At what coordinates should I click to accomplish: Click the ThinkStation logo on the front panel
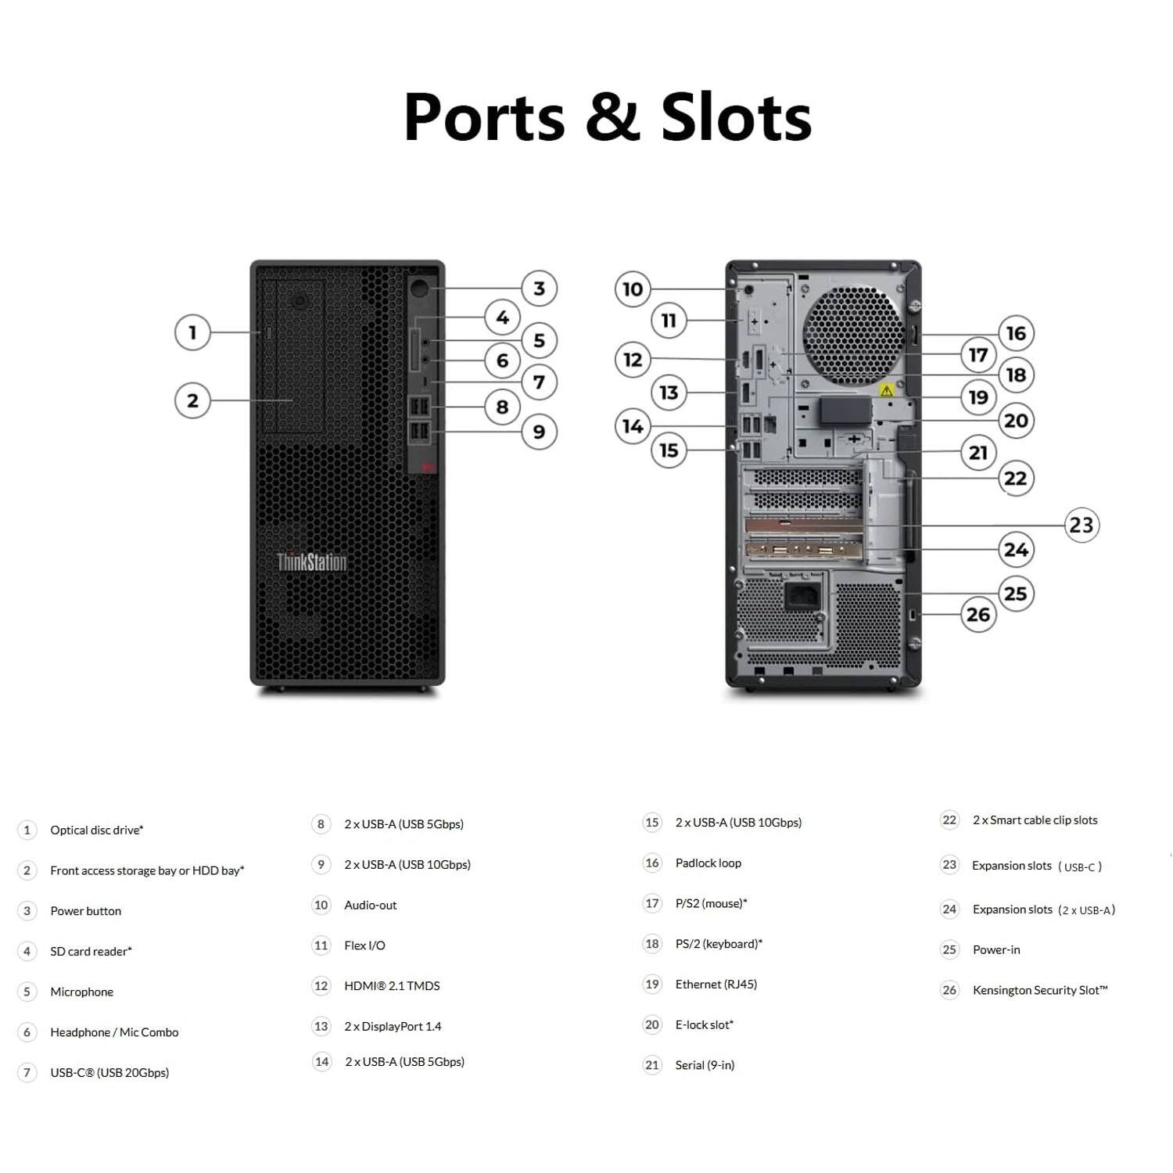pyautogui.click(x=311, y=561)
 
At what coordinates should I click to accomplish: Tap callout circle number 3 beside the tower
pyautogui.click(x=539, y=289)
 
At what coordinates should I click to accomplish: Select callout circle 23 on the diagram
pyautogui.click(x=1082, y=525)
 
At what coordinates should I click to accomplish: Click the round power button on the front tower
pyautogui.click(x=421, y=288)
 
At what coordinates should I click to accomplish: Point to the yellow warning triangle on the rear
pyautogui.click(x=886, y=389)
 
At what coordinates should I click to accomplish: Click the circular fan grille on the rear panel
pyautogui.click(x=852, y=335)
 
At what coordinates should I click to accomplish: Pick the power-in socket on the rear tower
pyautogui.click(x=803, y=597)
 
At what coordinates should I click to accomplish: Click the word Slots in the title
pyautogui.click(x=736, y=117)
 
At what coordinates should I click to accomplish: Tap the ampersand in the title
pyautogui.click(x=611, y=117)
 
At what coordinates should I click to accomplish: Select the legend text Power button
pyautogui.click(x=85, y=911)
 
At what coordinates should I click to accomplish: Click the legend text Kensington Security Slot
pyautogui.click(x=1039, y=990)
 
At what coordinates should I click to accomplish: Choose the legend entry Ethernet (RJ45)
pyautogui.click(x=716, y=984)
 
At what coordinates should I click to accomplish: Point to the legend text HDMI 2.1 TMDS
pyautogui.click(x=392, y=985)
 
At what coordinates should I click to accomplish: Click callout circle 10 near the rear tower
pyautogui.click(x=633, y=289)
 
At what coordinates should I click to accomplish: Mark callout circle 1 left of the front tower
pyautogui.click(x=192, y=332)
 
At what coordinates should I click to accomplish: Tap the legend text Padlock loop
pyautogui.click(x=708, y=863)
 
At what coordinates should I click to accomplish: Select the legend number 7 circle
pyautogui.click(x=27, y=1072)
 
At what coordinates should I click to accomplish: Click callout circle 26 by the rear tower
pyautogui.click(x=978, y=615)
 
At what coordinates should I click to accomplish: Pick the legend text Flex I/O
pyautogui.click(x=364, y=945)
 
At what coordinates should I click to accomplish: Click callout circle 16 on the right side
pyautogui.click(x=1016, y=333)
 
